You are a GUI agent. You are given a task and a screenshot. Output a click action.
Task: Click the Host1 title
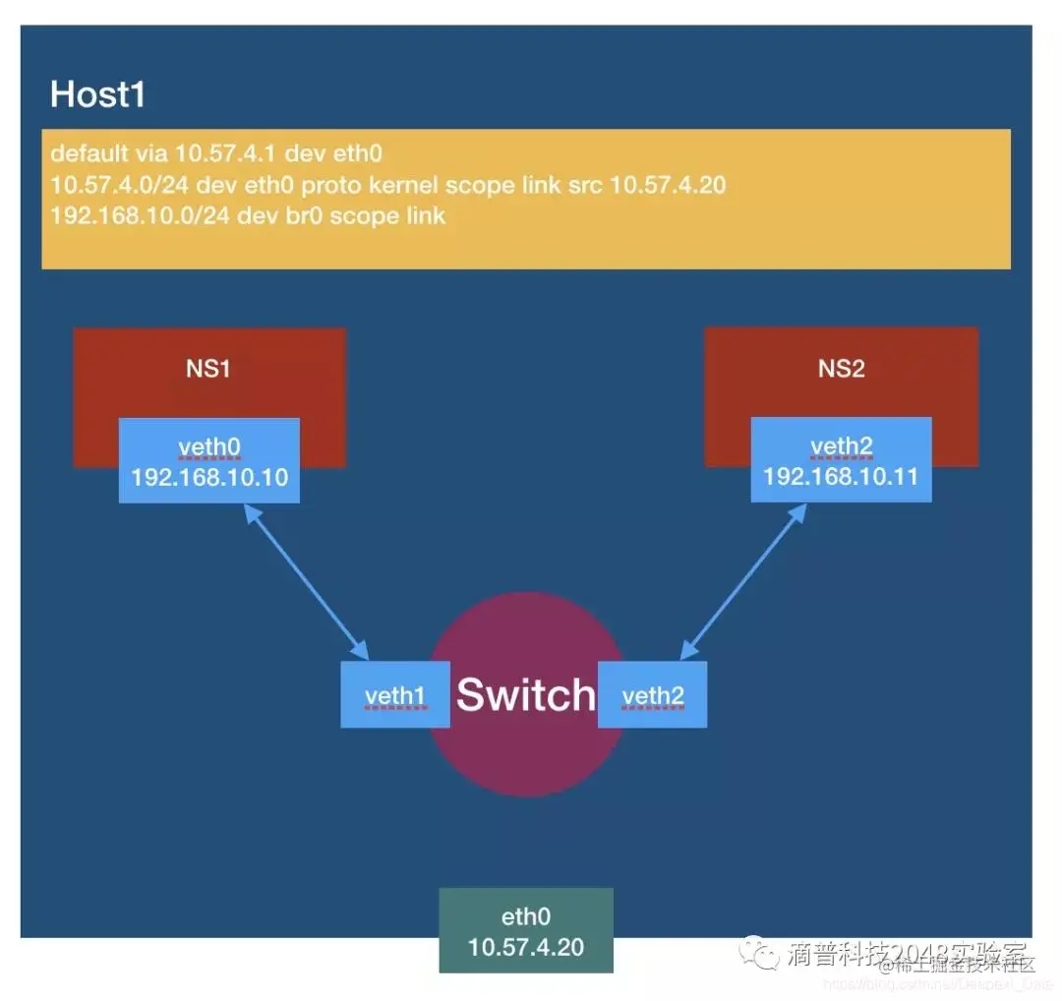pos(97,95)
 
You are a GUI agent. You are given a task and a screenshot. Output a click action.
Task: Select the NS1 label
pos(208,369)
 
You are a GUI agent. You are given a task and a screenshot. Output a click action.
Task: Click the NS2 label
pos(841,369)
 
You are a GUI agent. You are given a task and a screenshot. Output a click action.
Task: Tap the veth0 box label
pos(209,448)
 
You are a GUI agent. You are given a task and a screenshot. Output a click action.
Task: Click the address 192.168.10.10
pos(209,478)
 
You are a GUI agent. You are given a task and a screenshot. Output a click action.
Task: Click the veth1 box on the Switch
pos(394,696)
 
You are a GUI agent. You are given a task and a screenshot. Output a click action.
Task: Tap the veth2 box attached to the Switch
pos(652,696)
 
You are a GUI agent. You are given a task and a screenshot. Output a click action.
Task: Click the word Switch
pos(526,695)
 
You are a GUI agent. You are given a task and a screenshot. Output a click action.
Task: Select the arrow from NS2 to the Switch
pos(739,581)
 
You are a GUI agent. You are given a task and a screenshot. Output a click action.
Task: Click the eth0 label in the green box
pos(526,917)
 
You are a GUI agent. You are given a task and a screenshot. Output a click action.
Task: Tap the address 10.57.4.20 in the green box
pos(526,948)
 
